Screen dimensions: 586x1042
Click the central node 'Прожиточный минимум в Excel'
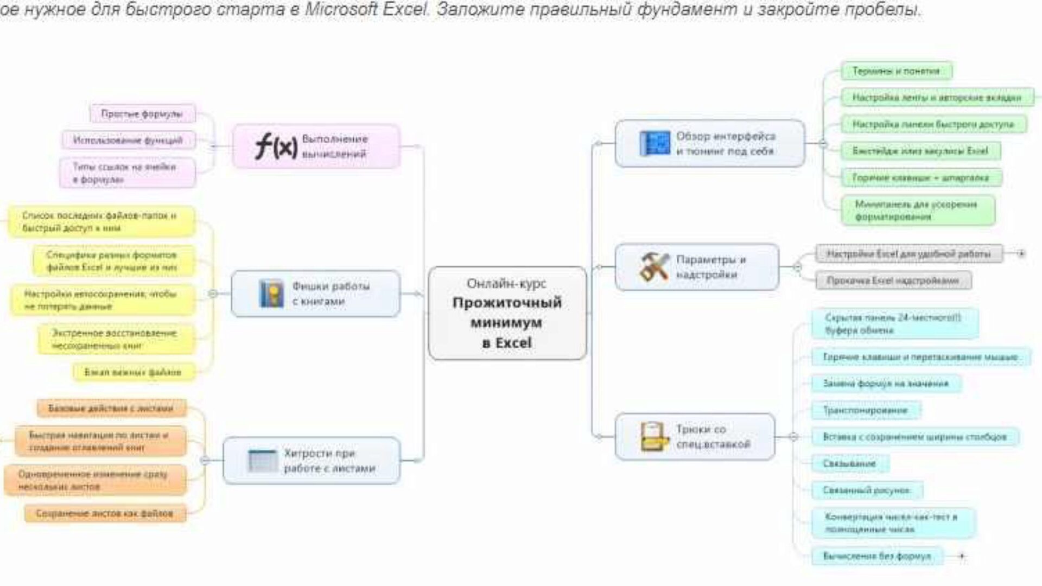[507, 313]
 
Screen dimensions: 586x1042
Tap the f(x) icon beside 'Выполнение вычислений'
[276, 146]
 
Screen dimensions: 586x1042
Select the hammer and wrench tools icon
[654, 266]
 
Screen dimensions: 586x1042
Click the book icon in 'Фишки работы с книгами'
[271, 294]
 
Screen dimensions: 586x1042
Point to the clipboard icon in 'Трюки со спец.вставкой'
[654, 437]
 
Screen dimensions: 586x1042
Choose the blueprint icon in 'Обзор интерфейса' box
[655, 144]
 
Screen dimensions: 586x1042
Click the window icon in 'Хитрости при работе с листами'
[263, 461]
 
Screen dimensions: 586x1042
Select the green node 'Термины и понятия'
[896, 71]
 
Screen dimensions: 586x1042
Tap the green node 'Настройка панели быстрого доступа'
[933, 124]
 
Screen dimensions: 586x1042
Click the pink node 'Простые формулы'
[142, 114]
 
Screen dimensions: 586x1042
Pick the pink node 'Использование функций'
[128, 141]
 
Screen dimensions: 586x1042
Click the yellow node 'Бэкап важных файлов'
[133, 372]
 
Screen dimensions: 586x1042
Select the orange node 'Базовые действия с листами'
[111, 408]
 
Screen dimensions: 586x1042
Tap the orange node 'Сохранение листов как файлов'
[105, 513]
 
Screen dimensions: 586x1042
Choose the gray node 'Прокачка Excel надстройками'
[893, 281]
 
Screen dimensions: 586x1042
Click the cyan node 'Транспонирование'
[865, 410]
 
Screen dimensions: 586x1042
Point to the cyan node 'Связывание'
[849, 464]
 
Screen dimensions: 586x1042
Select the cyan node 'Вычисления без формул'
[876, 556]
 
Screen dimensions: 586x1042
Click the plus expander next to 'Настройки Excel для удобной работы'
[1021, 253]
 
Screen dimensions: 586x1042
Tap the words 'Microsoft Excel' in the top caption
[367, 9]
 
